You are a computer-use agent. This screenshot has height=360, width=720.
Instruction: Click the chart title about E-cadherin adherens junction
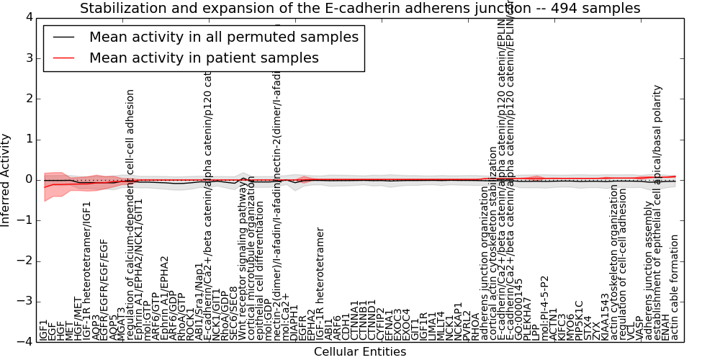coord(359,9)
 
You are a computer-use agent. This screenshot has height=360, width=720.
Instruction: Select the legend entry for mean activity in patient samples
coord(204,58)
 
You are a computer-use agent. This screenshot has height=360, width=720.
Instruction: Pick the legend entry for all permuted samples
coord(223,37)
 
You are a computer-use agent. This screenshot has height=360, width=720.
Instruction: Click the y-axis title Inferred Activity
coord(6,179)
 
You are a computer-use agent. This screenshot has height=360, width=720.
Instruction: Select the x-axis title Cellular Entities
coord(359,351)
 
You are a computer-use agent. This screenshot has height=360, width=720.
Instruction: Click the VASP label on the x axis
coord(639,327)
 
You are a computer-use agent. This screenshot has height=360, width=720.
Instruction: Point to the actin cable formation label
coord(675,287)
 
